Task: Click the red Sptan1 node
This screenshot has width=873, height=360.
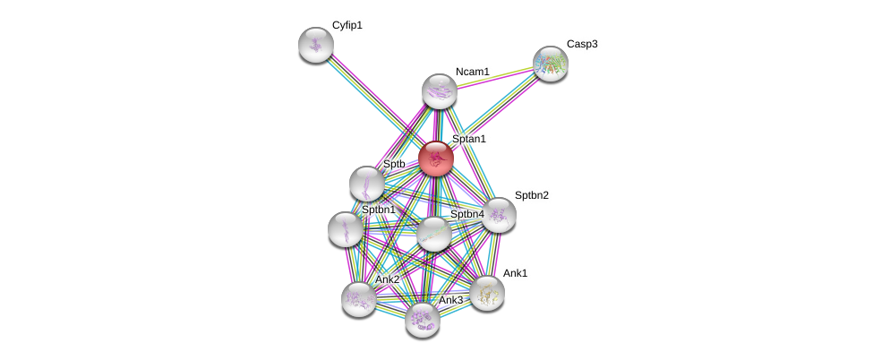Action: coord(436,159)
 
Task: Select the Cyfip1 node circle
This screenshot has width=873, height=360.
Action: coord(315,44)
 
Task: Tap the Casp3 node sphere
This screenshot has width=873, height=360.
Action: coord(550,63)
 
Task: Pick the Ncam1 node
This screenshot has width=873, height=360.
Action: coord(440,90)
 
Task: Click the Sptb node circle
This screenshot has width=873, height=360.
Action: coord(367,184)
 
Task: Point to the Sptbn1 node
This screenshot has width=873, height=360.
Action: coord(346,228)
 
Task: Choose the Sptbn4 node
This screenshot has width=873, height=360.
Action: coord(434,234)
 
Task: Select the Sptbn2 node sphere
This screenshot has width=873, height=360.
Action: coord(498,215)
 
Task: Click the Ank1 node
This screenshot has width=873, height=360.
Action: coord(487,292)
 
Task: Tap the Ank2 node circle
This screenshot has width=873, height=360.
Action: coord(359,298)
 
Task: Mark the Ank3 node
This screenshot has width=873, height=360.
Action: coord(422,319)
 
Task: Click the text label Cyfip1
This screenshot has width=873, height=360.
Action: coord(347,26)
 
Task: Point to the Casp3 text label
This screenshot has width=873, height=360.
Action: coord(581,44)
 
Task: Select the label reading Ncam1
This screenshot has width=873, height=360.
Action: coord(472,72)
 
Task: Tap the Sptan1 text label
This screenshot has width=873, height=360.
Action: coord(468,140)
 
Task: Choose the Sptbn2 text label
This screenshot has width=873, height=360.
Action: coord(531,195)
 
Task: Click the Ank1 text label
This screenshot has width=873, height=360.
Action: coord(515,273)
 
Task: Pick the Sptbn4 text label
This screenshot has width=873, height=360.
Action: coord(466,215)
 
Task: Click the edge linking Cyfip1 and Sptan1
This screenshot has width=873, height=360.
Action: coord(376,101)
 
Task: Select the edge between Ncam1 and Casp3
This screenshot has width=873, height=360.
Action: coord(494,77)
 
